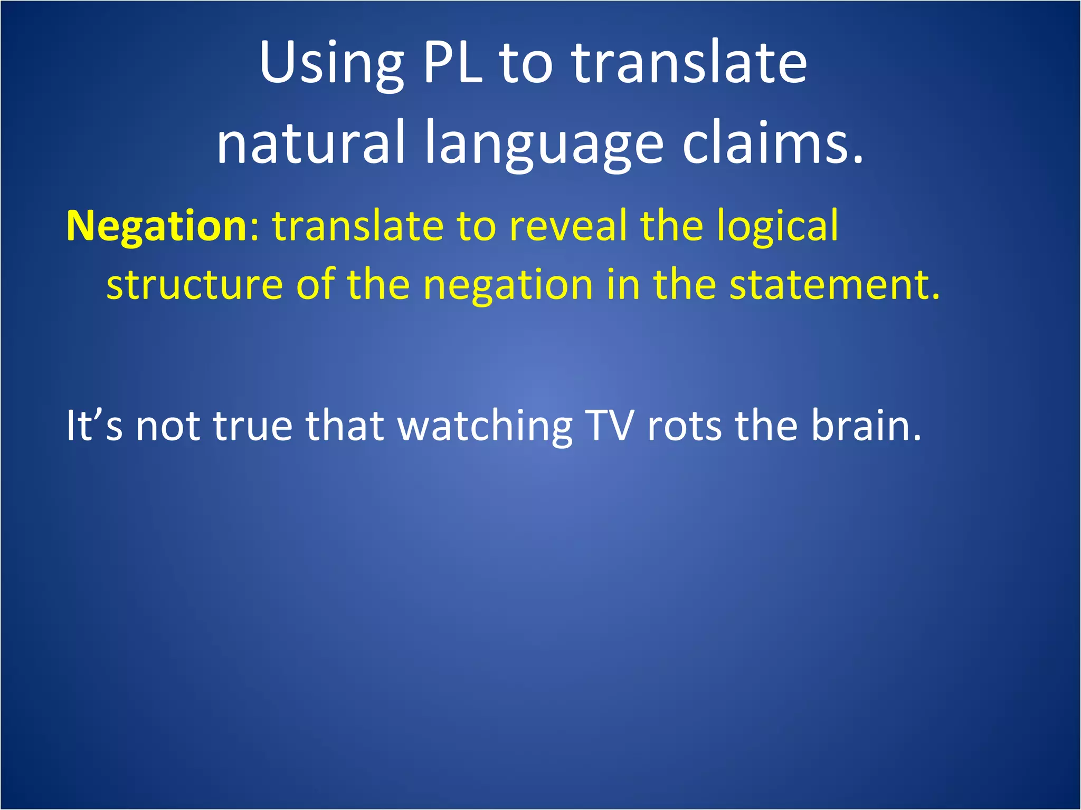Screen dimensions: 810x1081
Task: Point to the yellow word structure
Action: (x=195, y=285)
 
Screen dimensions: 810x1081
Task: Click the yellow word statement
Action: (x=834, y=285)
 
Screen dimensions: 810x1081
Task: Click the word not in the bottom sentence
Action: (x=168, y=426)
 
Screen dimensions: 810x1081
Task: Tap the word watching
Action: (x=485, y=426)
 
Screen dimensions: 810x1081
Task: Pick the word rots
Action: (x=684, y=426)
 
